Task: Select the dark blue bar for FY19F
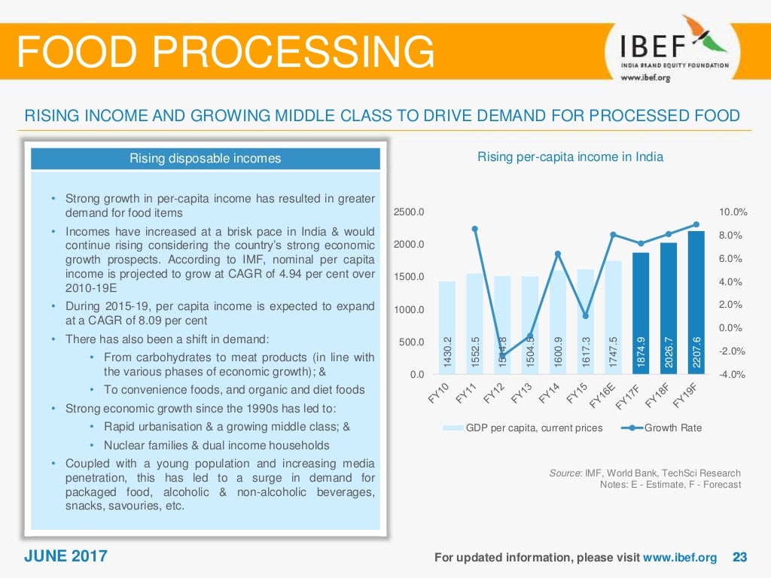tap(696, 301)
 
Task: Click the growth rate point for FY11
tap(475, 229)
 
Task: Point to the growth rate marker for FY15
tap(585, 316)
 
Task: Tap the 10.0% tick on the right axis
tap(733, 212)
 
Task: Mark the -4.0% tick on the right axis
tap(733, 374)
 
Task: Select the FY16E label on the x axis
tap(602, 394)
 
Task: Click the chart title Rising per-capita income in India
tap(570, 157)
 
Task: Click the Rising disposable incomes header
tap(205, 158)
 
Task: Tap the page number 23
tap(739, 558)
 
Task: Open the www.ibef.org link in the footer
tap(680, 558)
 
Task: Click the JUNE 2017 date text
tap(66, 557)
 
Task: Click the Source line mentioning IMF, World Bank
tap(645, 473)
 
